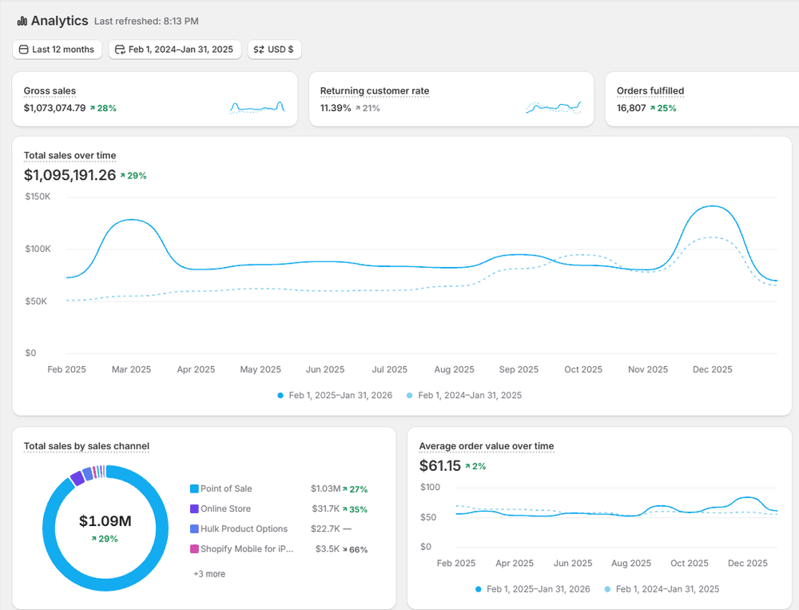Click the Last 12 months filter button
pyautogui.click(x=57, y=50)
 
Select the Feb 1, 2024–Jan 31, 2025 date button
pyautogui.click(x=174, y=50)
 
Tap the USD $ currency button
pyautogui.click(x=274, y=50)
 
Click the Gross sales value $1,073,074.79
pyautogui.click(x=54, y=108)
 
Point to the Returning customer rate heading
pyautogui.click(x=375, y=91)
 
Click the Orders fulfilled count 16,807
pyautogui.click(x=631, y=108)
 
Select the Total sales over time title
pyautogui.click(x=70, y=155)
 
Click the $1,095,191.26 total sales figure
pyautogui.click(x=70, y=175)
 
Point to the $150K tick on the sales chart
pyautogui.click(x=38, y=197)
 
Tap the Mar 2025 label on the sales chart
pyautogui.click(x=131, y=369)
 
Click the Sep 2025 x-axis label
pyautogui.click(x=519, y=369)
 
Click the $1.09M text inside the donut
pyautogui.click(x=105, y=521)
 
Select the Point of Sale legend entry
pyautogui.click(x=226, y=488)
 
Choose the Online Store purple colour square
pyautogui.click(x=194, y=508)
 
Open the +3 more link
pyautogui.click(x=209, y=574)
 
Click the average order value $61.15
pyautogui.click(x=439, y=466)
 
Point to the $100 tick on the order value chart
pyautogui.click(x=430, y=487)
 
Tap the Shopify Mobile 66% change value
pyautogui.click(x=359, y=549)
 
